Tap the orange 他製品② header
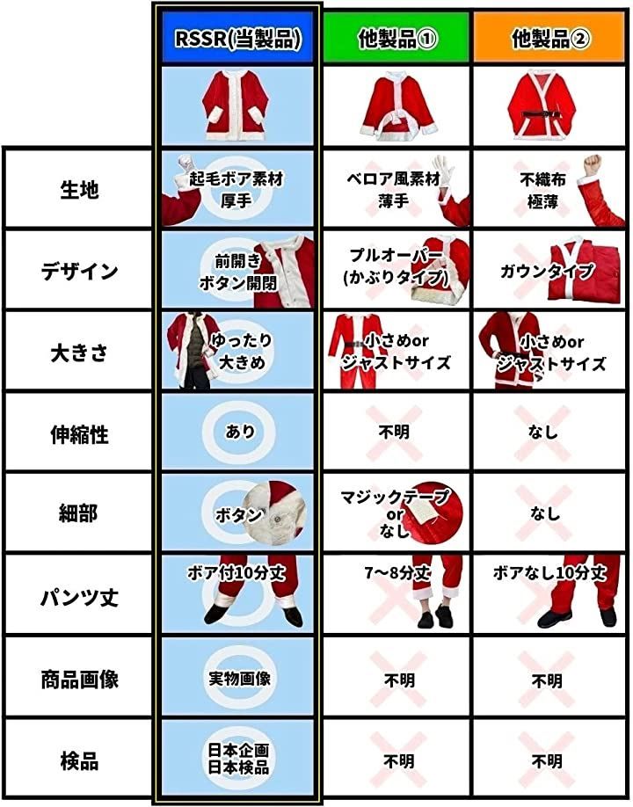pyautogui.click(x=550, y=38)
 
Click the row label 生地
pyautogui.click(x=79, y=189)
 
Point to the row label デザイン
pyautogui.click(x=79, y=271)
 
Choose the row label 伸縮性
pyautogui.click(x=79, y=434)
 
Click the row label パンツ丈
pyautogui.click(x=79, y=598)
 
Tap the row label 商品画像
pyautogui.click(x=79, y=680)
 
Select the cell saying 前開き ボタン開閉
pyautogui.click(x=238, y=271)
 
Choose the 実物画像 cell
pyautogui.click(x=238, y=679)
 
